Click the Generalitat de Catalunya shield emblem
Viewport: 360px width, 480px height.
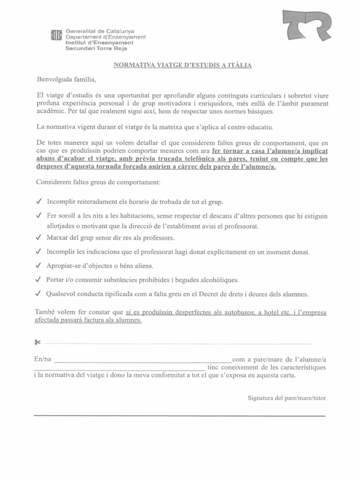point(56,36)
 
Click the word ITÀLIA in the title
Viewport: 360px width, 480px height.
point(240,65)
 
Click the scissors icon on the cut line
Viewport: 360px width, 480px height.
point(38,343)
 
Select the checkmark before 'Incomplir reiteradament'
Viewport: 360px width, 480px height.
point(38,202)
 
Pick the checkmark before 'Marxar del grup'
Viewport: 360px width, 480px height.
point(38,237)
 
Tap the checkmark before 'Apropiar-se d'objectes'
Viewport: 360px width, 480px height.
point(38,266)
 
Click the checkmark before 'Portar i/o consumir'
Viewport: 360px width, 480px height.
point(38,280)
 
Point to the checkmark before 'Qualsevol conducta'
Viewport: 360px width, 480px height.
point(38,294)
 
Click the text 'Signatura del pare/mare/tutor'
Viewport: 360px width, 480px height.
point(286,398)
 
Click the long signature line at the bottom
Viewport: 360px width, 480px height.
point(180,415)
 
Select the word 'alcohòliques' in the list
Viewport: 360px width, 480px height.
point(218,280)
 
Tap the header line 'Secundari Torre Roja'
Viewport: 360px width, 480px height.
point(96,48)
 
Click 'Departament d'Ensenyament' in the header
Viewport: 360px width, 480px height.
point(105,37)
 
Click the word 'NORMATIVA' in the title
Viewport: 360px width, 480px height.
point(133,65)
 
